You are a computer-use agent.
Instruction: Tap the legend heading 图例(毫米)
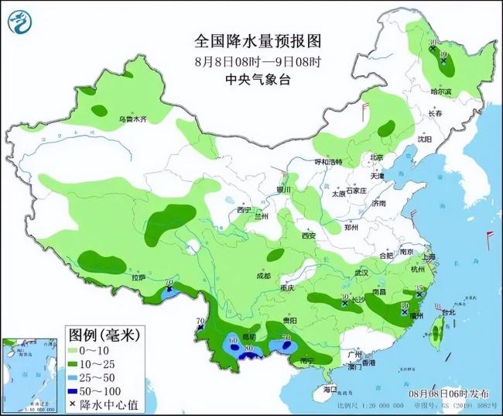coord(102,335)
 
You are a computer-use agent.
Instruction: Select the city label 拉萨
coord(138,277)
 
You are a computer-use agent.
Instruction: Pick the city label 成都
coord(263,277)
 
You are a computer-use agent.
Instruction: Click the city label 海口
coord(331,388)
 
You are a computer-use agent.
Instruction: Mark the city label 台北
coord(447,312)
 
